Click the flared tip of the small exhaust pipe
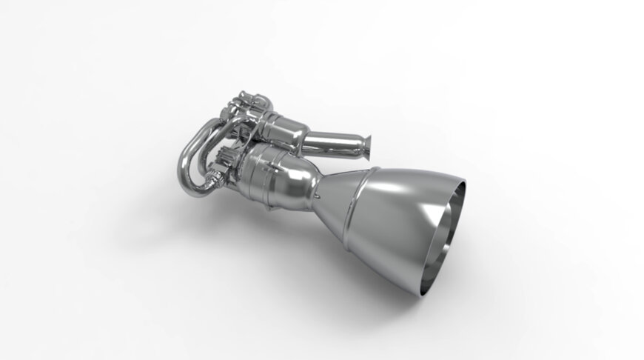point(366,146)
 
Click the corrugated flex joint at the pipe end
point(214,179)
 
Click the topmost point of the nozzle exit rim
point(459,182)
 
